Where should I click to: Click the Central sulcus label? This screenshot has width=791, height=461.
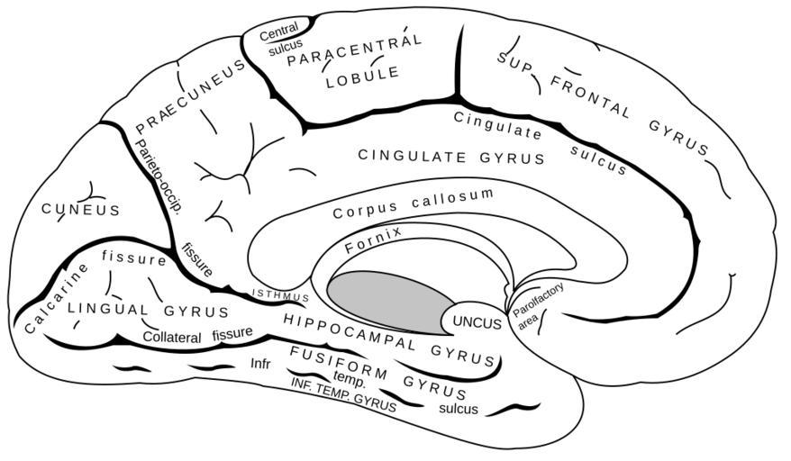point(280,41)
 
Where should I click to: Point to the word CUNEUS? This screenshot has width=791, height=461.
point(80,210)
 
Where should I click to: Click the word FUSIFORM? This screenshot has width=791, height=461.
point(338,359)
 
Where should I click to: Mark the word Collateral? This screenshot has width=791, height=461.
point(173,335)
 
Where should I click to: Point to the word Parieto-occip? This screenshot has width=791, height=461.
point(157,176)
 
